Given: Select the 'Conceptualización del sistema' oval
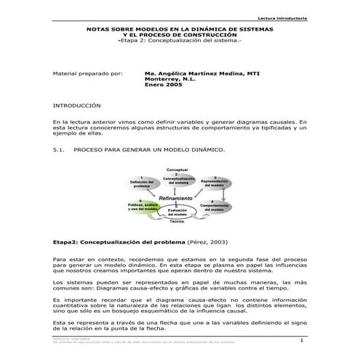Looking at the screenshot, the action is point(177,180).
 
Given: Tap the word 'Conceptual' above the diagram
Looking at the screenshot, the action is point(177,168).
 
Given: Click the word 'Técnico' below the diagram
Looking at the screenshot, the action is point(177,221).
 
